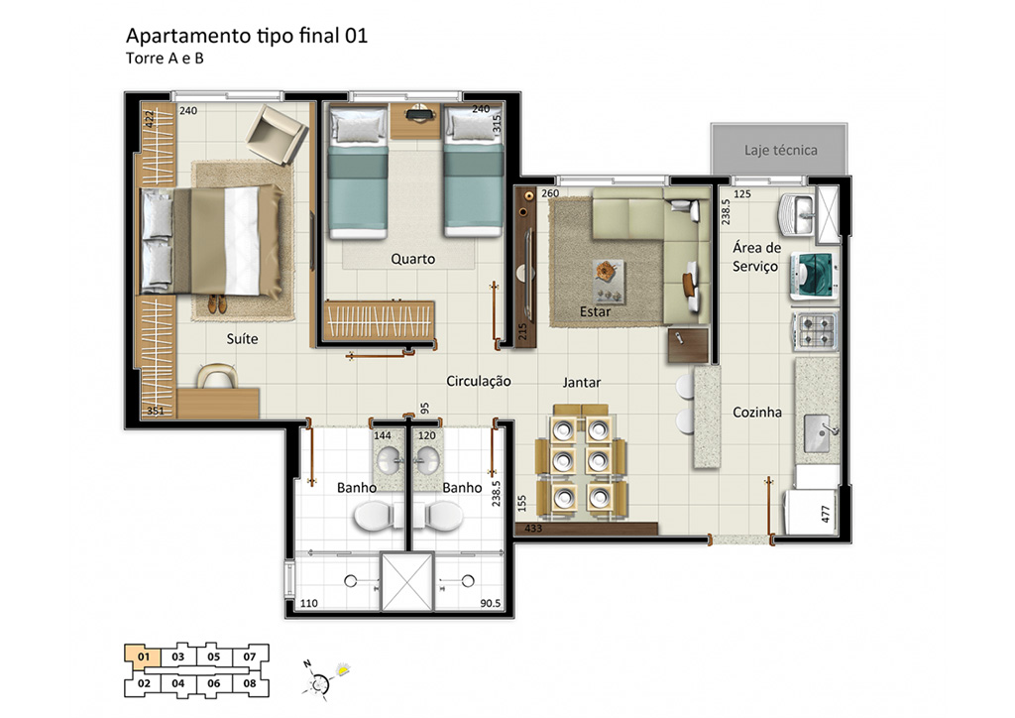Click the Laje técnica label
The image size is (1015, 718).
(x=780, y=150)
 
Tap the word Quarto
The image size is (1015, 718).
(x=413, y=259)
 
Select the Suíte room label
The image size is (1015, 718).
(x=242, y=338)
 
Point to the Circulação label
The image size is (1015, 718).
(x=479, y=382)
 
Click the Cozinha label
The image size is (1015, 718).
(x=756, y=413)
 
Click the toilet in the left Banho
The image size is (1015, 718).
(x=376, y=517)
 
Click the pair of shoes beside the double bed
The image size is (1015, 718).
(x=217, y=303)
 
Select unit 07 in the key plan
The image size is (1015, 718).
(x=250, y=657)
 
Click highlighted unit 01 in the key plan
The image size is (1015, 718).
(x=144, y=657)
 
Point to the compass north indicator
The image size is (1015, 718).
(x=309, y=664)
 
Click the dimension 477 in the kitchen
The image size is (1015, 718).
(x=826, y=514)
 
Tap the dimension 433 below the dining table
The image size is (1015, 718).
(x=532, y=529)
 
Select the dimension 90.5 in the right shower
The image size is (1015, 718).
(x=490, y=603)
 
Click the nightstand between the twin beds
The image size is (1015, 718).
(x=415, y=121)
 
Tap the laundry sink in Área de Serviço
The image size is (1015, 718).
(x=798, y=213)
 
